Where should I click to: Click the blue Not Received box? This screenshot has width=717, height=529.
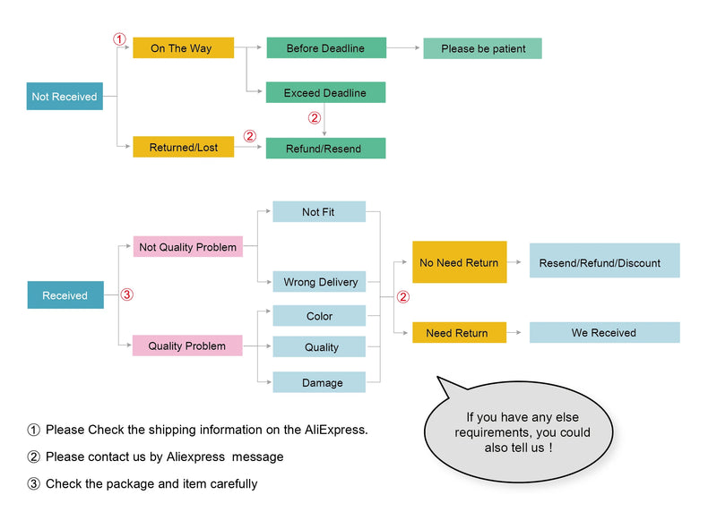pos(65,97)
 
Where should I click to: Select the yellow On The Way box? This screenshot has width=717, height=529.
pos(183,48)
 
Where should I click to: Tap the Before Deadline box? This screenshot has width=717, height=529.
pos(326,48)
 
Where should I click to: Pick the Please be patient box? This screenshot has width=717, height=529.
pos(482,48)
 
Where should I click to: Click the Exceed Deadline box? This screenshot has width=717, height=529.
pos(326,93)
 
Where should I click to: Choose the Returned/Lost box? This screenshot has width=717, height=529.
pos(183,147)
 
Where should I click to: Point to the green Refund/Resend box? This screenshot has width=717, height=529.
pos(326,149)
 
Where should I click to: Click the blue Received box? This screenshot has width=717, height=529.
pos(65,295)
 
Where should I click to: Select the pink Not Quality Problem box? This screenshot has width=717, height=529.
pos(188,247)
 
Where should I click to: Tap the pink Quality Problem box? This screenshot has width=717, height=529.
pos(187,346)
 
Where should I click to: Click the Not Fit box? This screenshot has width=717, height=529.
pos(318,212)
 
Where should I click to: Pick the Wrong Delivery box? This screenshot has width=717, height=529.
pos(320,282)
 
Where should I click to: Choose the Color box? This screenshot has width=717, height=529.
pos(319,316)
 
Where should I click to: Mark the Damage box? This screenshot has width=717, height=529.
pos(320,382)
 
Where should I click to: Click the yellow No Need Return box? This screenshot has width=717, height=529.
pos(459,262)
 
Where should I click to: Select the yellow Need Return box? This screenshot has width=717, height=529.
pos(459,333)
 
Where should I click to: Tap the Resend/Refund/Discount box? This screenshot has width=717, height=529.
pos(604,261)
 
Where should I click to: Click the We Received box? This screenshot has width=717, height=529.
pos(604,333)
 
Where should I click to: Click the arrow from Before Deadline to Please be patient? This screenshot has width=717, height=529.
pos(404,47)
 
